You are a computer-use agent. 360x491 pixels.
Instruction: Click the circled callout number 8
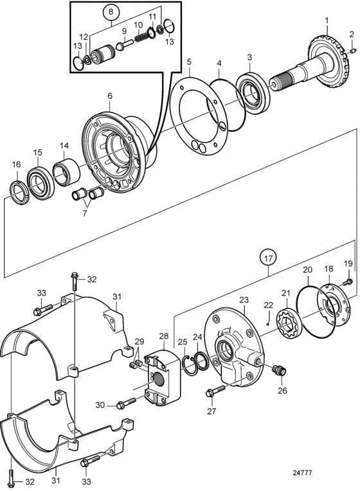click(111, 12)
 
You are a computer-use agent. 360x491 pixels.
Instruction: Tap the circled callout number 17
click(268, 258)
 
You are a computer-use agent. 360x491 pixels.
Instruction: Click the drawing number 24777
click(302, 472)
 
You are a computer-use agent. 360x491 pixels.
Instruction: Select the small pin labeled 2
click(352, 50)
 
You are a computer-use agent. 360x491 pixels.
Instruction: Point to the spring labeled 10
click(141, 37)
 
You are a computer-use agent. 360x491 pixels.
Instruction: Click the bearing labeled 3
click(253, 92)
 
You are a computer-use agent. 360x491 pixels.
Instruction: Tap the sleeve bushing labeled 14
click(66, 172)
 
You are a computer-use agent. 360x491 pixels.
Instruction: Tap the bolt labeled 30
click(126, 404)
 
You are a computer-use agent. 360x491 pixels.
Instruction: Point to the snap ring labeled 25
click(189, 365)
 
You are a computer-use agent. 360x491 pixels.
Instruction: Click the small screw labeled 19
click(347, 282)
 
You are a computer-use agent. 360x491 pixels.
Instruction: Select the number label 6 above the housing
click(110, 96)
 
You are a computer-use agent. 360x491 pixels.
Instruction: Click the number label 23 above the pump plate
click(244, 299)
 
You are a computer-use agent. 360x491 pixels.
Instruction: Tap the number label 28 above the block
click(164, 336)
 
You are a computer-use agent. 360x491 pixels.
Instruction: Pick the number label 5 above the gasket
click(189, 62)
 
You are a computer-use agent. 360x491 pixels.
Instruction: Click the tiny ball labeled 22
click(267, 324)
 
